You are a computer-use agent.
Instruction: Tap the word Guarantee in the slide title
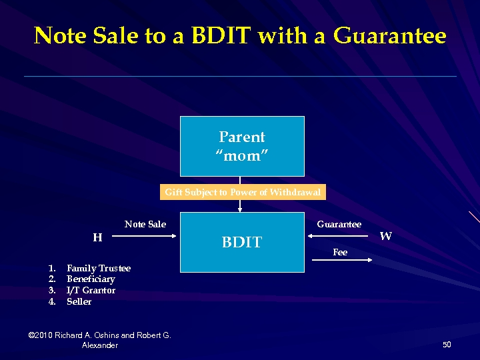coord(389,36)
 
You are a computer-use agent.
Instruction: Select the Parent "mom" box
coord(242,146)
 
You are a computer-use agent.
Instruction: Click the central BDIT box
coord(242,242)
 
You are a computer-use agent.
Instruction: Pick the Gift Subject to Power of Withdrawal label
coord(243,193)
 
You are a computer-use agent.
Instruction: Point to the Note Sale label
coord(145,224)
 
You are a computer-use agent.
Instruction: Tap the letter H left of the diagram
coord(97,237)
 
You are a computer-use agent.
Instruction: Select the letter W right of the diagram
coord(385,236)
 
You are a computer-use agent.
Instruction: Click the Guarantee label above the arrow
coord(339,224)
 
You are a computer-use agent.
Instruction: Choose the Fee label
coord(340,252)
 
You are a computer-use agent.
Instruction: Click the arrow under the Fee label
coord(340,261)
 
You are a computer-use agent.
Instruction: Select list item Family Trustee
coord(99,268)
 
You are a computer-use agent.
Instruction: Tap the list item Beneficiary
coord(91,279)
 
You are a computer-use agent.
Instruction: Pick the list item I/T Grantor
coord(91,291)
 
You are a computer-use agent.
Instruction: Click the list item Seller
coord(79,302)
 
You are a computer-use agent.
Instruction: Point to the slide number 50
coord(447,345)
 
